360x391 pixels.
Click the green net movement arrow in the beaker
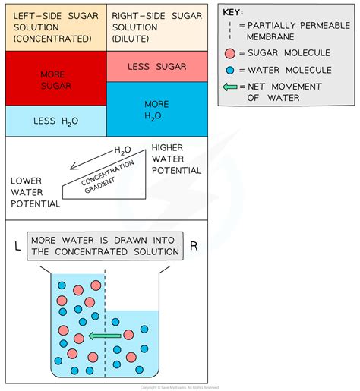click(x=105, y=336)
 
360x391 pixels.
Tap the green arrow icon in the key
click(x=230, y=87)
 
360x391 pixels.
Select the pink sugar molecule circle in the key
click(x=230, y=53)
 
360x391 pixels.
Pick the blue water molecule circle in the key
click(x=230, y=70)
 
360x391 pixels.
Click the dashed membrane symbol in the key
click(x=230, y=30)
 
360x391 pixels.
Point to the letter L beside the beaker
click(x=17, y=246)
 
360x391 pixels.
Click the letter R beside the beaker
click(x=194, y=246)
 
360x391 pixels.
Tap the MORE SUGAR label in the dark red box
click(x=55, y=80)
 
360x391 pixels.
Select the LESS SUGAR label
click(x=157, y=67)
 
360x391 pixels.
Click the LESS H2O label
click(x=56, y=121)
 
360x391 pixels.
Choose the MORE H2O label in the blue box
click(x=156, y=110)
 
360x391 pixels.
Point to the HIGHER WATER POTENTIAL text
click(x=176, y=159)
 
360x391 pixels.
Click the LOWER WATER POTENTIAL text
click(x=36, y=192)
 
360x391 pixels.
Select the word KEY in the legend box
click(x=232, y=12)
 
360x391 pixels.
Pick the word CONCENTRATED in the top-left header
click(x=52, y=39)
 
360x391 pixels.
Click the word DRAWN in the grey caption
click(x=131, y=240)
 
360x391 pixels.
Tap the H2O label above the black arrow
click(x=123, y=150)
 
